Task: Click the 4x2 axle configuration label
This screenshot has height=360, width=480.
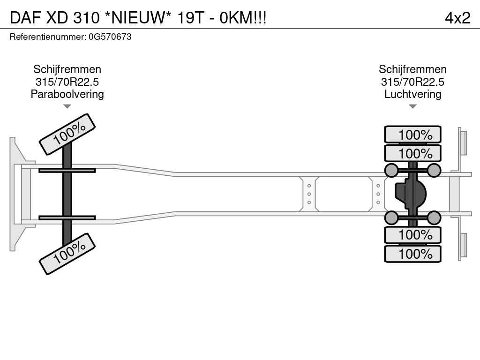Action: coord(457,18)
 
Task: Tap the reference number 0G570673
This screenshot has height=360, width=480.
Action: coord(110,37)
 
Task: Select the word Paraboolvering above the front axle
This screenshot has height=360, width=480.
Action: coord(67,94)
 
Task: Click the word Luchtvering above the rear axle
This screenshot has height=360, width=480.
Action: coord(412,94)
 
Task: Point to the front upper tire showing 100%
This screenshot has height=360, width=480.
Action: coord(67,134)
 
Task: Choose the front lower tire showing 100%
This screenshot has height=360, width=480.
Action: coord(67,253)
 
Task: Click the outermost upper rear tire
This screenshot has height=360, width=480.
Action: coord(412,135)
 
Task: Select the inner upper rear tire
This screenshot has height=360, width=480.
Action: coord(412,153)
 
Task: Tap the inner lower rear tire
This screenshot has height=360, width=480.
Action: coord(412,234)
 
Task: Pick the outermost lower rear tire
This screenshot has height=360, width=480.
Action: coord(412,254)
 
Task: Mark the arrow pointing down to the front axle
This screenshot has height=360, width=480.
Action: coord(67,106)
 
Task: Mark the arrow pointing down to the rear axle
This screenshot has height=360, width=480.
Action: coord(412,106)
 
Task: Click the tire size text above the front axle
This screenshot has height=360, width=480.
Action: coord(67,82)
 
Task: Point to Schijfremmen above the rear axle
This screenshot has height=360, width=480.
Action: coord(412,69)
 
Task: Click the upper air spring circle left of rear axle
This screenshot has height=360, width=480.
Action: coord(391,170)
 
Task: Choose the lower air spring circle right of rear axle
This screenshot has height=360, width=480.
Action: coord(434,217)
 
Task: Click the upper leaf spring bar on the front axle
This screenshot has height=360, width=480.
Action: coord(67,170)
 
